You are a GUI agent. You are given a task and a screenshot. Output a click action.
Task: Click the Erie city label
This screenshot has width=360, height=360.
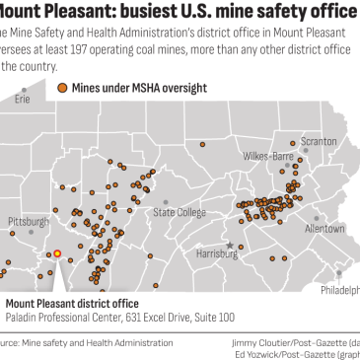point(22,100)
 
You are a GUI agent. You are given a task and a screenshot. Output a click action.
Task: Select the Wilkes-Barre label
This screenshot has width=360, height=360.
point(268,156)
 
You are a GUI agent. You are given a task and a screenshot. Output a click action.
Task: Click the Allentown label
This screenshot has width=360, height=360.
point(324,228)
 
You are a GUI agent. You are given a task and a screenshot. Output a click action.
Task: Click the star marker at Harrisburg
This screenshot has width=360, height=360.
point(230,244)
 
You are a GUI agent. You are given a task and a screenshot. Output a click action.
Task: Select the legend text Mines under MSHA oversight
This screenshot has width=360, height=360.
point(138,88)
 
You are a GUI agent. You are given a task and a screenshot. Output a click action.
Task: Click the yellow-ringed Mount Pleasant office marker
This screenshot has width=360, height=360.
point(56,252)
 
